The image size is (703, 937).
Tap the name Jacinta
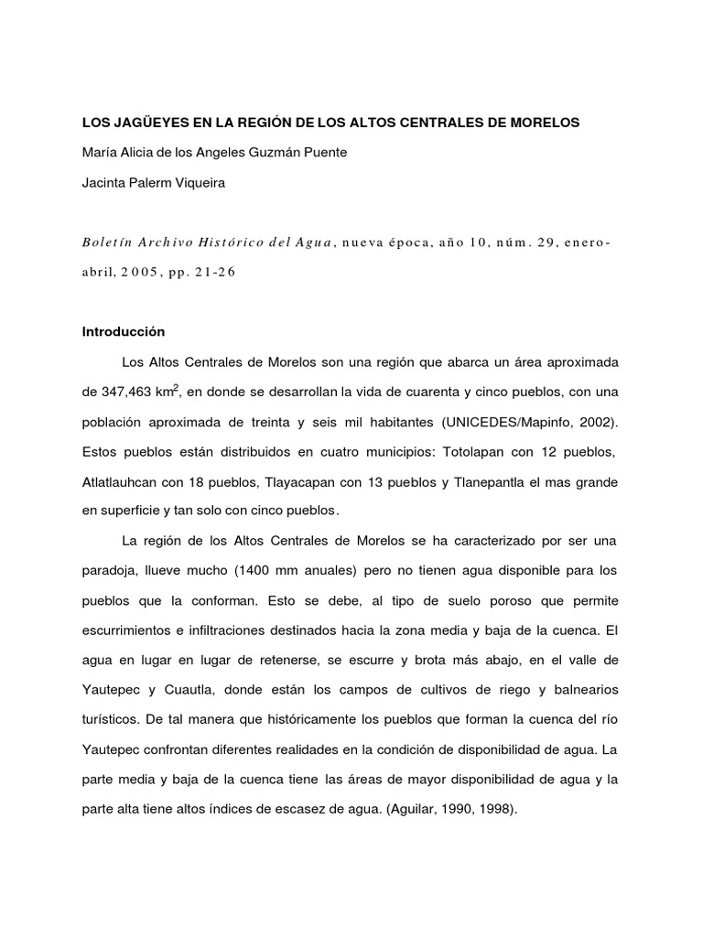[x=106, y=182]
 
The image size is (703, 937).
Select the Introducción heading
[x=124, y=331]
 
